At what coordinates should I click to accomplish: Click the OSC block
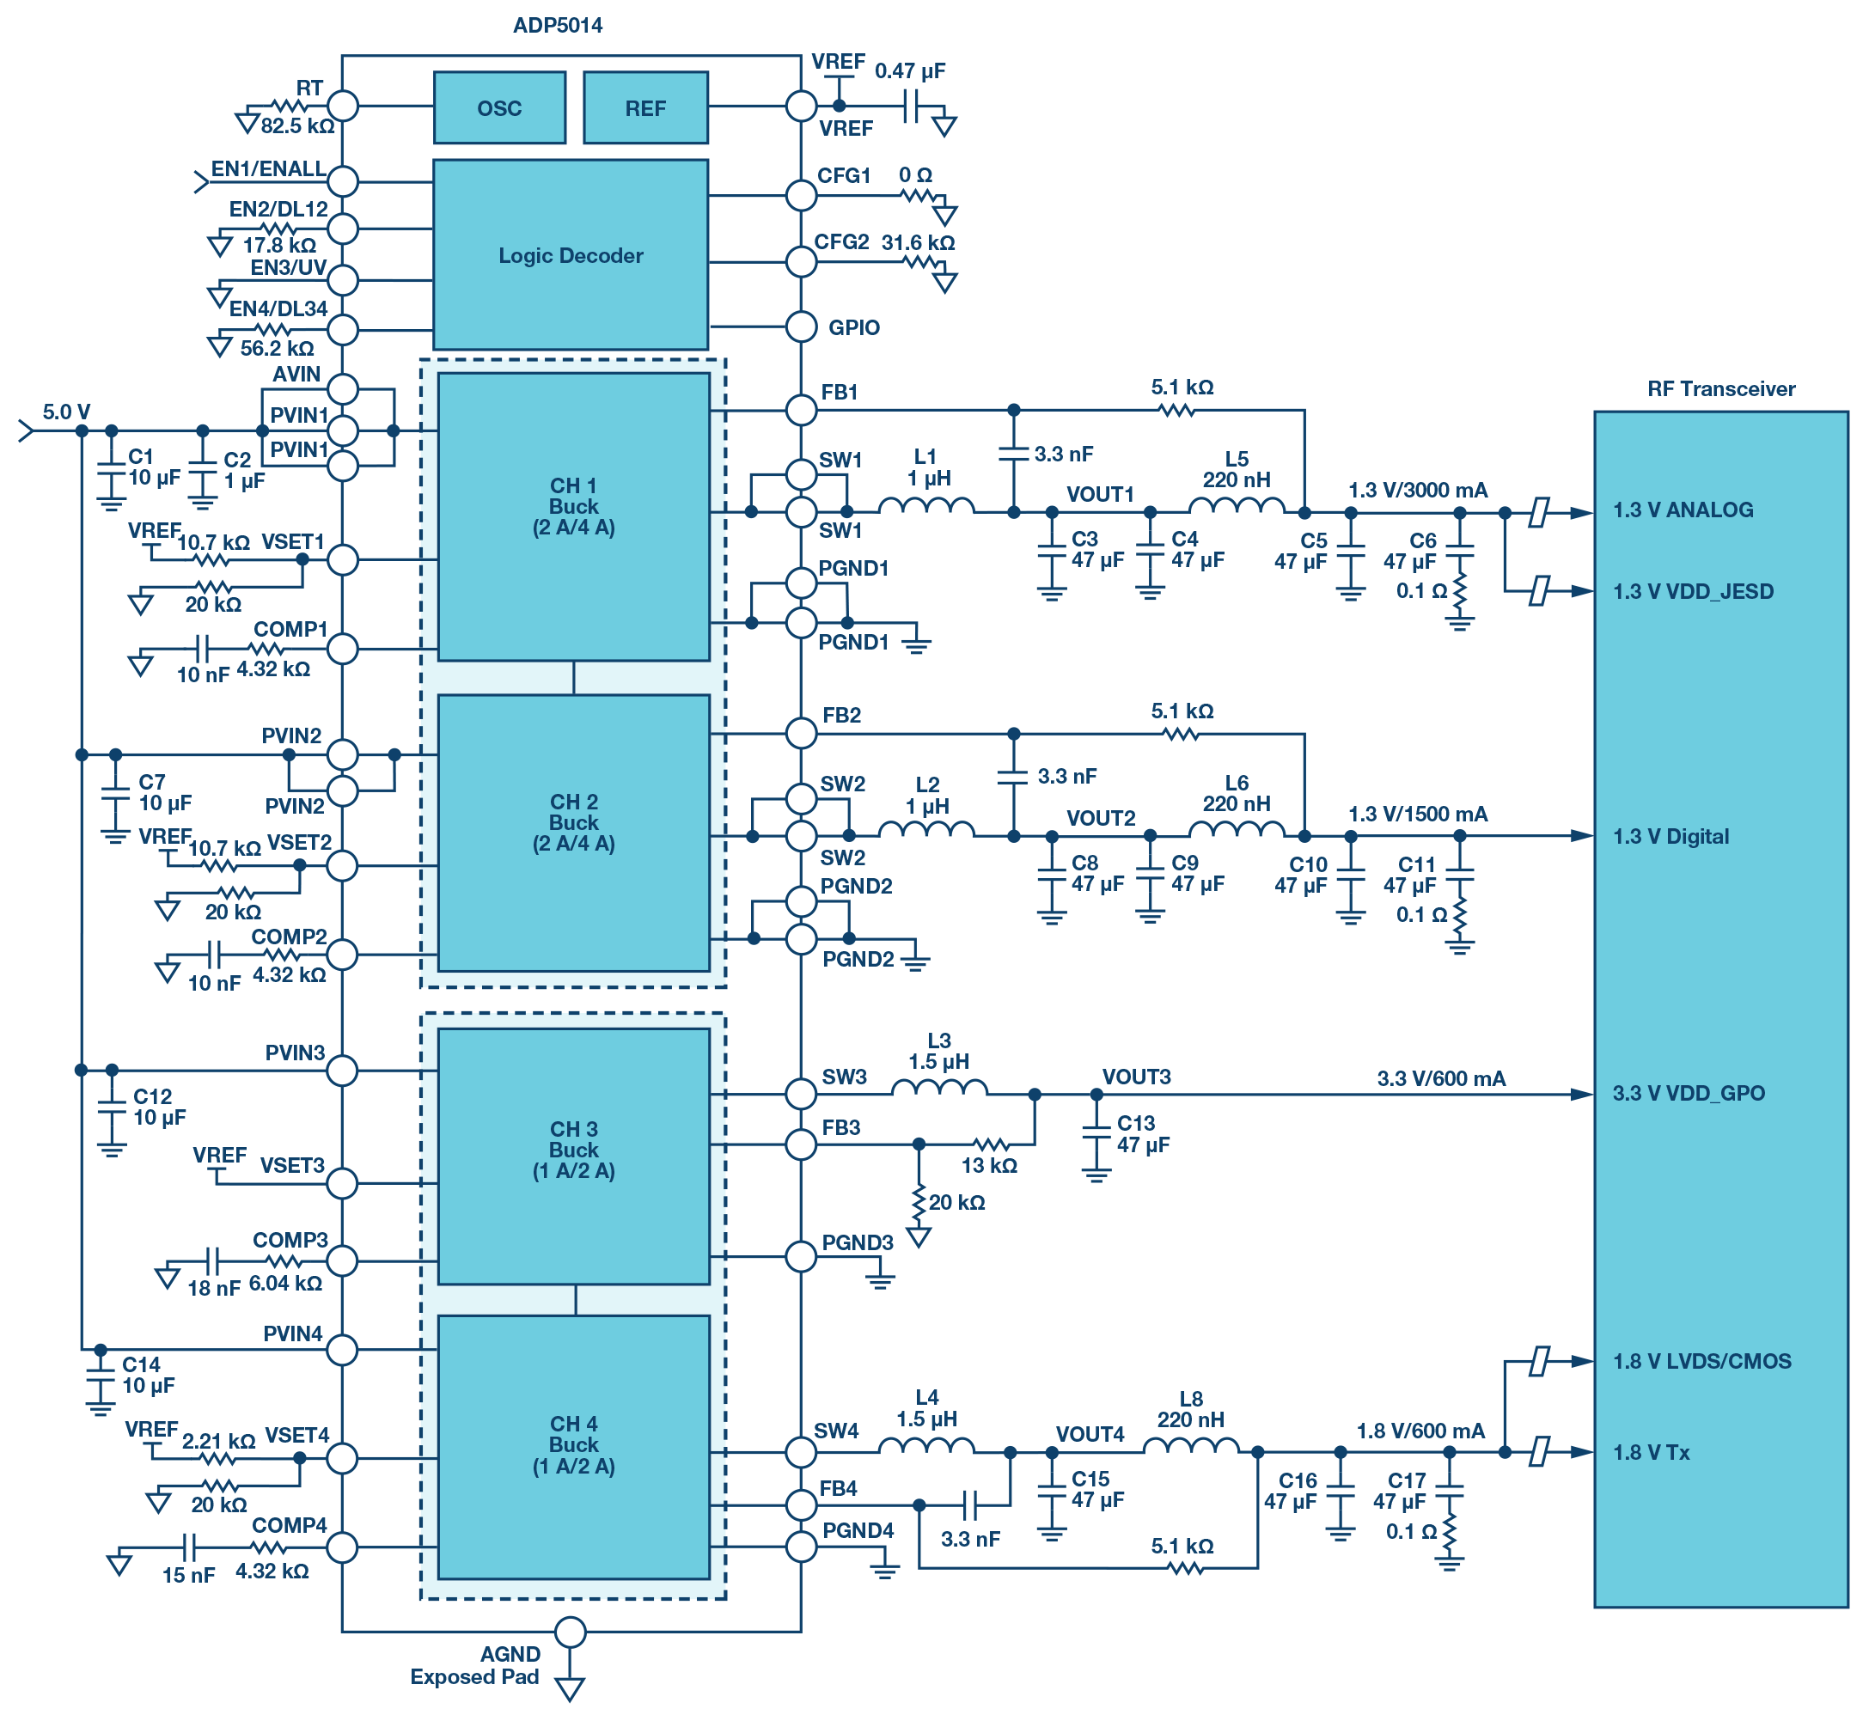pyautogui.click(x=499, y=108)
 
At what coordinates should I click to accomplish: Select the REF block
pyautogui.click(x=645, y=108)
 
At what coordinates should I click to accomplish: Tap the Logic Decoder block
pyautogui.click(x=570, y=255)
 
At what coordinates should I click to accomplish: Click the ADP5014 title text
pyautogui.click(x=557, y=25)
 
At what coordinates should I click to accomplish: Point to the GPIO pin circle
pyautogui.click(x=801, y=327)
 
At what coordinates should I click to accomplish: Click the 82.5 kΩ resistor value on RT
pyautogui.click(x=297, y=125)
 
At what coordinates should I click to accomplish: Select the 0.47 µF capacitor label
pyautogui.click(x=910, y=70)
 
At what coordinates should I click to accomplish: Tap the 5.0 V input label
pyautogui.click(x=66, y=412)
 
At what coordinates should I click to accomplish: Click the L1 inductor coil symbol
pyautogui.click(x=925, y=506)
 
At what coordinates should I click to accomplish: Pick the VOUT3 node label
pyautogui.click(x=1136, y=1077)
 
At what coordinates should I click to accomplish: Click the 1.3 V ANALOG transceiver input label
pyautogui.click(x=1682, y=510)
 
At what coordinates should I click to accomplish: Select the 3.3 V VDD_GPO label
pyautogui.click(x=1689, y=1092)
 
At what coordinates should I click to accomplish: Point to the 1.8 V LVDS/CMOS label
pyautogui.click(x=1701, y=1361)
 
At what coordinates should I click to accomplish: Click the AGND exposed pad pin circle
pyautogui.click(x=570, y=1632)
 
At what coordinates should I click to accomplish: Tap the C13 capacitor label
pyautogui.click(x=1135, y=1123)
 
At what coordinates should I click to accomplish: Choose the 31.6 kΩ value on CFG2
pyautogui.click(x=919, y=243)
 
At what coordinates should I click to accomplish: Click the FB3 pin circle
pyautogui.click(x=801, y=1144)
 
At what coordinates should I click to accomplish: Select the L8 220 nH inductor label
pyautogui.click(x=1190, y=1409)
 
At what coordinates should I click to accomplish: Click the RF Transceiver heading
pyautogui.click(x=1720, y=388)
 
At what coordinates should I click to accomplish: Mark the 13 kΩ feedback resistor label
pyautogui.click(x=988, y=1165)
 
